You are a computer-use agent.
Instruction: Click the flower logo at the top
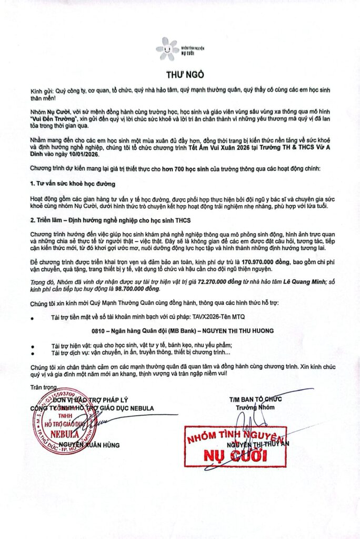point(167,48)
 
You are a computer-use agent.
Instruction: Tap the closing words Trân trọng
point(42,386)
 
